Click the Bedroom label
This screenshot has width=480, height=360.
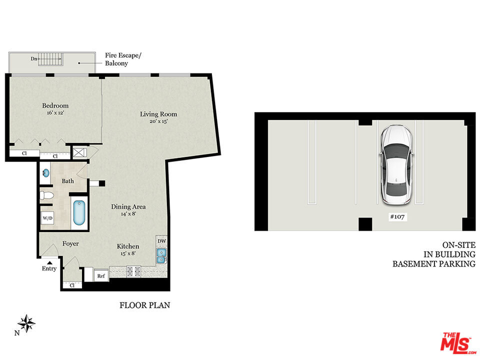(55, 105)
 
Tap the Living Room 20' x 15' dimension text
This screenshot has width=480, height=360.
(158, 121)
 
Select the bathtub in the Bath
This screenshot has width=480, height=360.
(79, 212)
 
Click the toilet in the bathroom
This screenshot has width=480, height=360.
(46, 195)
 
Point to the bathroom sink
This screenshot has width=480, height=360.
(45, 173)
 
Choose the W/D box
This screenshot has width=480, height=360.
(47, 218)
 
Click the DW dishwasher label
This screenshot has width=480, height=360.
(161, 241)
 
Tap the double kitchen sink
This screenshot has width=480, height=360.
(161, 256)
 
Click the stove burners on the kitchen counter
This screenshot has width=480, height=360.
(134, 271)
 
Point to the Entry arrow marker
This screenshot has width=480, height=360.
(49, 262)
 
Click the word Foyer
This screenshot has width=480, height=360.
(70, 243)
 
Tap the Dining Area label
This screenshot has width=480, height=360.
(128, 206)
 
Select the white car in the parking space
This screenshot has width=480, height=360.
(396, 164)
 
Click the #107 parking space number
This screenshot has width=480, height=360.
(397, 216)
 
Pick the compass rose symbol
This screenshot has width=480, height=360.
(26, 323)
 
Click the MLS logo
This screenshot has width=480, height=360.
(458, 342)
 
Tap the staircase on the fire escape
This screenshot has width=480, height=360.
(50, 59)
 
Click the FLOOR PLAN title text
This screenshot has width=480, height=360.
(144, 305)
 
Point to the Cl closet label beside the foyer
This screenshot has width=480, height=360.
(72, 285)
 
